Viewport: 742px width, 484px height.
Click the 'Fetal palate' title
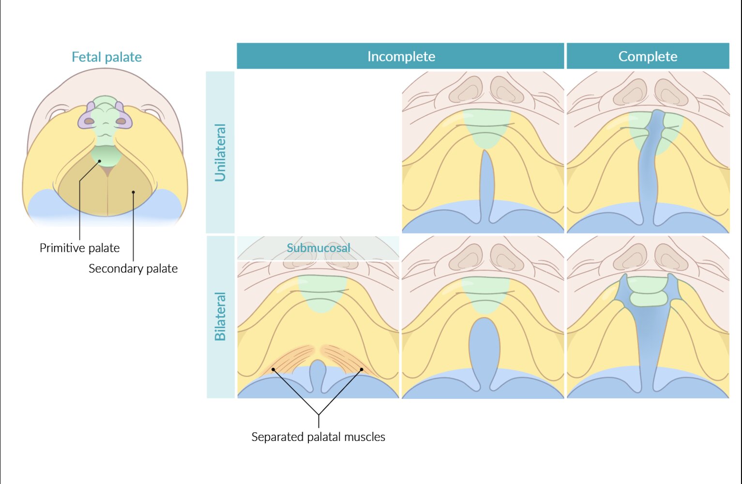tap(106, 57)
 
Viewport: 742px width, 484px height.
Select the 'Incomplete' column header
tap(401, 56)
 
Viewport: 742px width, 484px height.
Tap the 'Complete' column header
tap(648, 56)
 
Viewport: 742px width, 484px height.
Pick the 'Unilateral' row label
tap(220, 152)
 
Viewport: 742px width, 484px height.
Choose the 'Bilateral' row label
tap(220, 317)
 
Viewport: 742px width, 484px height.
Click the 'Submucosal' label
tap(318, 248)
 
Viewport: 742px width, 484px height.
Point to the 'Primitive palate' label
tap(79, 248)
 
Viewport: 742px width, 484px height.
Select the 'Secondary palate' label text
tap(133, 269)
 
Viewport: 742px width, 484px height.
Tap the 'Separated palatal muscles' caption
tap(318, 437)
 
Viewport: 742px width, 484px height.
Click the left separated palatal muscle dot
tap(273, 369)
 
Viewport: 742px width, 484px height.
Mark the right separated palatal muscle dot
tap(362, 369)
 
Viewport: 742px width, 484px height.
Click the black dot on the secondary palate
tap(134, 192)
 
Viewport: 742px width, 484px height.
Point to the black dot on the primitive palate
tap(100, 161)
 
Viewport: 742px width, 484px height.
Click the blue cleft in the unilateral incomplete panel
tap(486, 184)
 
